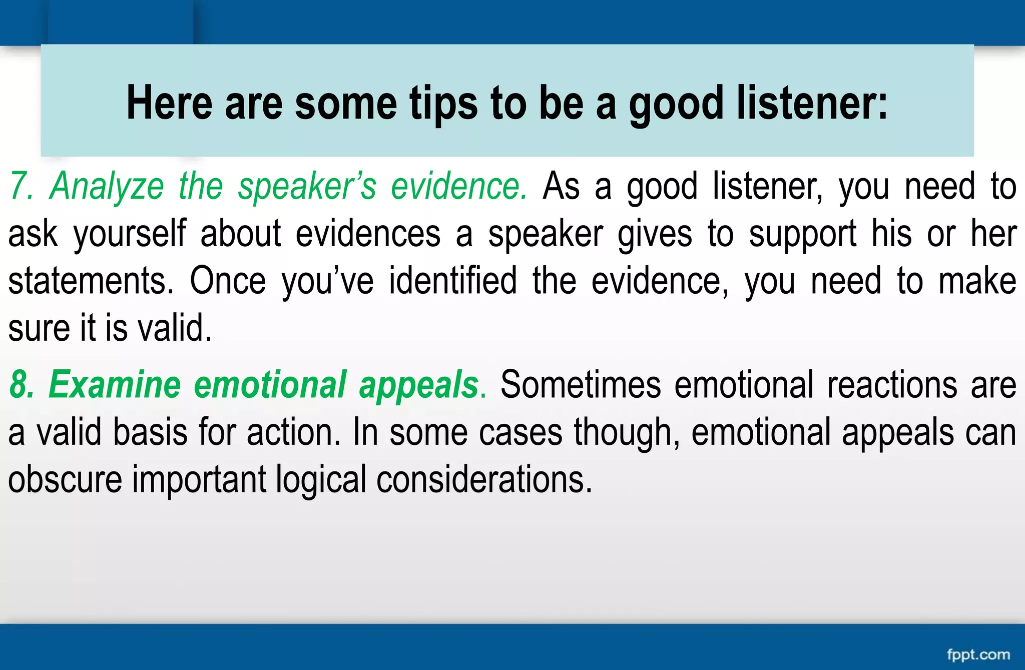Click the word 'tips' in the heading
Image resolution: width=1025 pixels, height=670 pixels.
tap(443, 104)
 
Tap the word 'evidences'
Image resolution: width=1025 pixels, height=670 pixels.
tap(368, 234)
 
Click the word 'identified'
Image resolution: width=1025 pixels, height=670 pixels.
tap(452, 281)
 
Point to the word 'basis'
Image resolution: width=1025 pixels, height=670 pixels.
tap(150, 433)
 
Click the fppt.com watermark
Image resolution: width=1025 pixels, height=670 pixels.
tap(978, 654)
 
